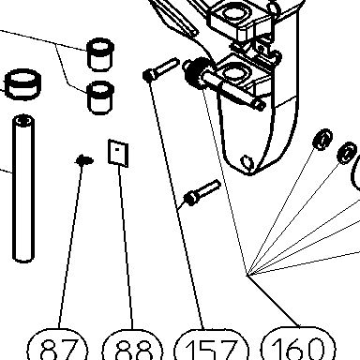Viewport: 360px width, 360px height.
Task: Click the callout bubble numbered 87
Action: [x=57, y=345]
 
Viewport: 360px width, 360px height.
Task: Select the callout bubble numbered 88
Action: [x=132, y=345]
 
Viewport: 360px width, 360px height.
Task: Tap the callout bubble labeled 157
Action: [x=211, y=346]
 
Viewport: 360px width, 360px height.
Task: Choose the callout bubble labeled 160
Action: [x=298, y=344]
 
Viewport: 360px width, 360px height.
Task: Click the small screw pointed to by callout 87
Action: [x=84, y=160]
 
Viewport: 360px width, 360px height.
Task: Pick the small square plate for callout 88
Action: [x=118, y=153]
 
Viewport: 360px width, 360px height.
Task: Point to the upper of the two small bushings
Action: [x=100, y=54]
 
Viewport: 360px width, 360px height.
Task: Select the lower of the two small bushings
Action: [x=100, y=97]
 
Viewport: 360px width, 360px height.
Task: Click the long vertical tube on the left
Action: [x=23, y=188]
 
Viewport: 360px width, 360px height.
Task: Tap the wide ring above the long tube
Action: [x=23, y=83]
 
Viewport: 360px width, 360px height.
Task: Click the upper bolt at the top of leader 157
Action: [x=160, y=69]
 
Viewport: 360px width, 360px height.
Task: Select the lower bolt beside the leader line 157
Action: [x=202, y=192]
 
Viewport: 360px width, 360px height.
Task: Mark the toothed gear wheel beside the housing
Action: [x=196, y=72]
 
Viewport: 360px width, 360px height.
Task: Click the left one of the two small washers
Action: [x=322, y=139]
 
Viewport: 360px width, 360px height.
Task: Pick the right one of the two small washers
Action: [x=347, y=153]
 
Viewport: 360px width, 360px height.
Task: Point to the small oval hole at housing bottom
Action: [x=247, y=162]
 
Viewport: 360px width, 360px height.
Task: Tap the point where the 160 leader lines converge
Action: [x=247, y=276]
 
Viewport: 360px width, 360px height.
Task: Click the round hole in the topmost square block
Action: [x=232, y=13]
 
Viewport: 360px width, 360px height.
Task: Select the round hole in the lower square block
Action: [x=232, y=72]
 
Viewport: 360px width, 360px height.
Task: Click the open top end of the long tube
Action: [x=23, y=121]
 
